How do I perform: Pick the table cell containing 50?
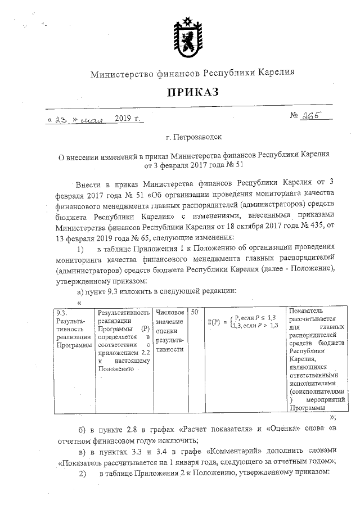click(x=194, y=311)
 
